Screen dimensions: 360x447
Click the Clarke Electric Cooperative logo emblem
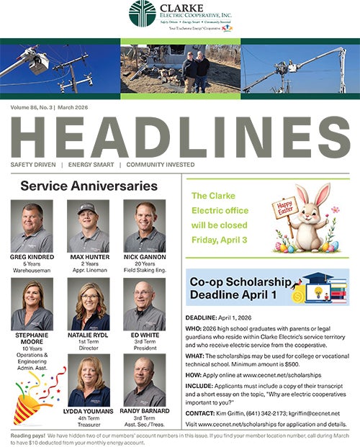coord(142,13)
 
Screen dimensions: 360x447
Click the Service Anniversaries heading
coord(89,186)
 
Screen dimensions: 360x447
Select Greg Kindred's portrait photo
coord(32,225)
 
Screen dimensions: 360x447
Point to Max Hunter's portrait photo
coord(88,225)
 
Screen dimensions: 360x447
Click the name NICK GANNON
coord(144,256)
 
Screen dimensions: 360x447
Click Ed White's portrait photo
coord(144,304)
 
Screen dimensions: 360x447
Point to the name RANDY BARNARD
coord(144,411)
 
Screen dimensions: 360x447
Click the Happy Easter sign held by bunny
coord(284,209)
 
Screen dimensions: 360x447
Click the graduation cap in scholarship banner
coord(318,279)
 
